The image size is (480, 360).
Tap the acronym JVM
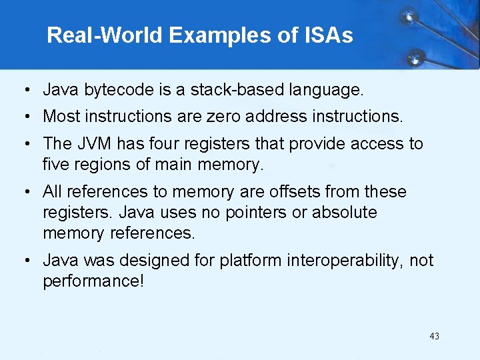coord(95,143)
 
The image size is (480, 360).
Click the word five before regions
coord(56,163)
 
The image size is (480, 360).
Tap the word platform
coord(254,261)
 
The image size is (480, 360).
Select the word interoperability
coord(345,261)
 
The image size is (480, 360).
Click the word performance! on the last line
coord(93,281)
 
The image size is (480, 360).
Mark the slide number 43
coord(435,336)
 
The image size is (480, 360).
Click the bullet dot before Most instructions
coord(23,117)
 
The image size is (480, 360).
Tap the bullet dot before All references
coord(23,192)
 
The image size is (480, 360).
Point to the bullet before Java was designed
coord(23,261)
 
